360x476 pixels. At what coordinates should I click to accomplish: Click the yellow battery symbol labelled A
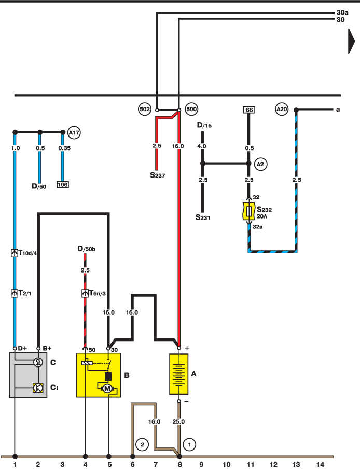tap(178, 374)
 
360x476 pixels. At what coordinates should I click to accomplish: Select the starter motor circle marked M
tap(107, 388)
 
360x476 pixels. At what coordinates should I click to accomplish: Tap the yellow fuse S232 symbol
tap(248, 211)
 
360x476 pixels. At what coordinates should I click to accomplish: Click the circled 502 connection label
tap(145, 109)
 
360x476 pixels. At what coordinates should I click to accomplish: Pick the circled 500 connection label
tap(191, 109)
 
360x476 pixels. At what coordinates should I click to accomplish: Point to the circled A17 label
tap(74, 133)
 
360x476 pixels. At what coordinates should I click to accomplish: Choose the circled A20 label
tap(282, 109)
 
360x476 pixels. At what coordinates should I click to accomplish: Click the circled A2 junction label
tap(260, 164)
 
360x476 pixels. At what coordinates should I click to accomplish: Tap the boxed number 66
tap(250, 110)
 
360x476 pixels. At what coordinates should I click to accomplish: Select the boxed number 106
tap(62, 185)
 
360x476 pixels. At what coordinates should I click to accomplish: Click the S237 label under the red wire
tap(158, 175)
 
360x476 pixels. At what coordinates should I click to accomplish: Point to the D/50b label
tap(87, 249)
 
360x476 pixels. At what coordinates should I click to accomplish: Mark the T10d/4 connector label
tap(28, 253)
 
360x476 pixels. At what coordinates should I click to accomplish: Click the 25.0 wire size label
tap(178, 421)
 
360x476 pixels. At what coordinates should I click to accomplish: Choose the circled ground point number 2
tap(142, 445)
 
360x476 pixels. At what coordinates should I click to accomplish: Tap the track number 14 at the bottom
tap(320, 465)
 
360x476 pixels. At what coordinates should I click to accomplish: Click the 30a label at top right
tap(342, 12)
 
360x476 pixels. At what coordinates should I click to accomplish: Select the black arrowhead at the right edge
tap(352, 42)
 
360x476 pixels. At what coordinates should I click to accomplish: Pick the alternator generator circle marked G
tap(38, 362)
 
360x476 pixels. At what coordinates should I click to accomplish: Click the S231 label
tap(203, 217)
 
